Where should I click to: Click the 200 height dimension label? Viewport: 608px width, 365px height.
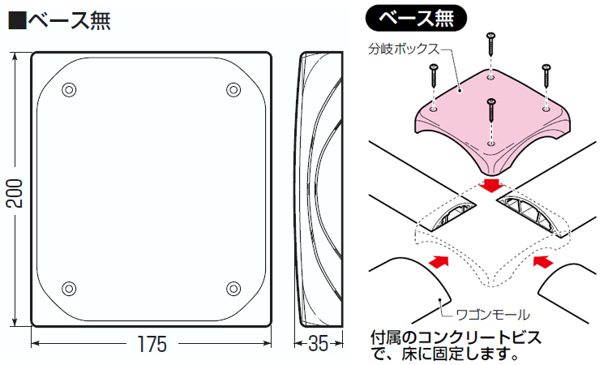[15, 193]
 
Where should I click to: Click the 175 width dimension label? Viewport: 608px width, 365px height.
[152, 344]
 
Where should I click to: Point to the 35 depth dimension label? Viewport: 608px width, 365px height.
[318, 344]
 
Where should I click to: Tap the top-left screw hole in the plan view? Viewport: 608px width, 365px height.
[69, 89]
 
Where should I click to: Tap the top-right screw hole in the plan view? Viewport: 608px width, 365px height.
[233, 89]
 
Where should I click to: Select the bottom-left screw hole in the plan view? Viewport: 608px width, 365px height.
[69, 288]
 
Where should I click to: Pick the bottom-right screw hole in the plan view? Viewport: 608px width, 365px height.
[233, 288]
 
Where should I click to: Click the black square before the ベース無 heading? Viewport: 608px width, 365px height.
[17, 20]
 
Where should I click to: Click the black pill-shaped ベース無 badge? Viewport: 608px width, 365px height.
[416, 18]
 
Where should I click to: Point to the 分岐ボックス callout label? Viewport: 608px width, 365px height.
[404, 49]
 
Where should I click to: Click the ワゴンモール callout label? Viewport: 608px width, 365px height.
[493, 314]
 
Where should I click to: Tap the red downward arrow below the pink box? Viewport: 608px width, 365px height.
[491, 185]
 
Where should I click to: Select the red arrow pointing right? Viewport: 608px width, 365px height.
[439, 261]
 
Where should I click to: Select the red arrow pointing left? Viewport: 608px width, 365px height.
[543, 261]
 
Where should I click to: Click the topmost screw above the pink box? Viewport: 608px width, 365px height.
[491, 44]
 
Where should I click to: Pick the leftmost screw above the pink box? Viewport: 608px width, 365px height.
[434, 75]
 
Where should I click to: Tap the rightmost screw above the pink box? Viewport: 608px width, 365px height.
[546, 75]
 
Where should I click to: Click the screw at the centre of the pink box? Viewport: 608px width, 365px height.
[491, 109]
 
